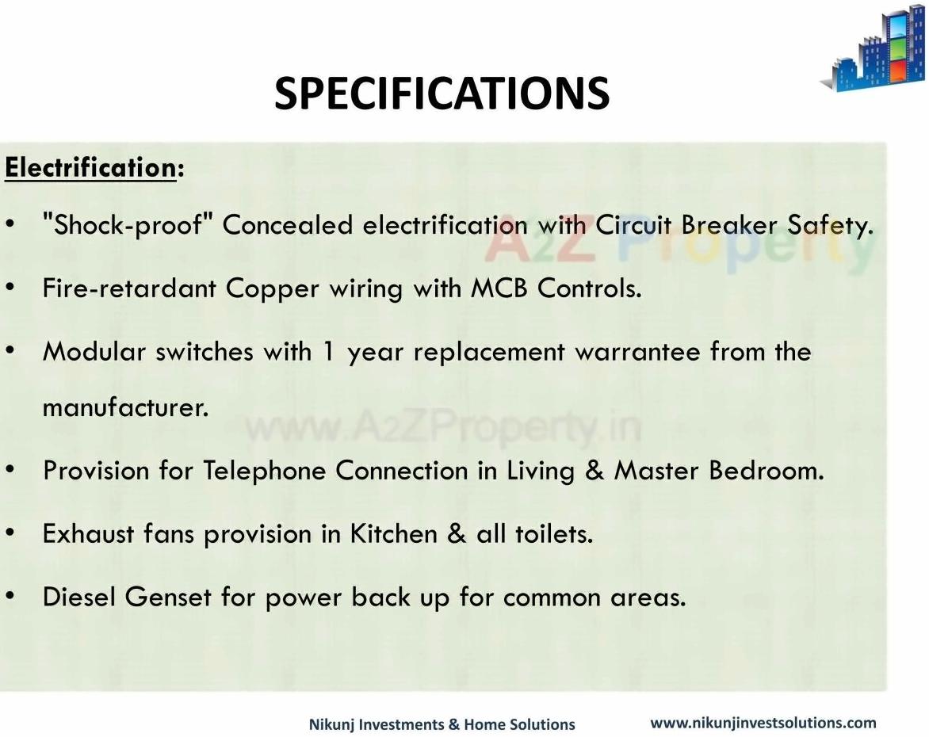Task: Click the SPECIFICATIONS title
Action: click(442, 94)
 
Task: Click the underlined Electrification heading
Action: click(90, 168)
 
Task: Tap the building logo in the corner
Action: click(874, 48)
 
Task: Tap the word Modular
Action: click(94, 351)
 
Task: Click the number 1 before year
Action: click(328, 352)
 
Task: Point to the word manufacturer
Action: click(125, 407)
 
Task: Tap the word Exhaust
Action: click(88, 534)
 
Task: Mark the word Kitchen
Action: click(393, 534)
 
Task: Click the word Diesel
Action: click(78, 597)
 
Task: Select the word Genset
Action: click(168, 597)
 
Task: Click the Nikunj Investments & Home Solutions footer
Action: click(442, 724)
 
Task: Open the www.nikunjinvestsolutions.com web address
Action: click(763, 723)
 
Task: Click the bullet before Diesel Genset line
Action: click(10, 596)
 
